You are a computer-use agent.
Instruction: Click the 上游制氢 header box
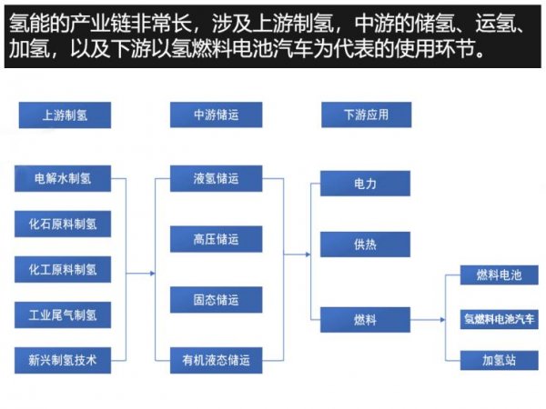click(x=65, y=115)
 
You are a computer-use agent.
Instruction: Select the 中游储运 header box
click(x=216, y=115)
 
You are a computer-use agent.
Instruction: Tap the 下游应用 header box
click(x=367, y=115)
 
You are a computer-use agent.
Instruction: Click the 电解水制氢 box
click(x=63, y=178)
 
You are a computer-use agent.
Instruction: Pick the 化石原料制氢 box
click(x=63, y=224)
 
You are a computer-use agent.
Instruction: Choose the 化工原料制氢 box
click(x=63, y=270)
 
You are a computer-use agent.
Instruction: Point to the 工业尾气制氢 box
click(x=63, y=315)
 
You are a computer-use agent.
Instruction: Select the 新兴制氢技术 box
click(x=63, y=360)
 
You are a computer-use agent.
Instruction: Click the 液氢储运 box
click(x=216, y=178)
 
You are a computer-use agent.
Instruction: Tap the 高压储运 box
click(x=216, y=239)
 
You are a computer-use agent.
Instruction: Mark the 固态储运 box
click(x=216, y=300)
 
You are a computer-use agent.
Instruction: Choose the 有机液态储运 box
click(x=216, y=360)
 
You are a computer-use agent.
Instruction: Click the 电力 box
click(x=365, y=184)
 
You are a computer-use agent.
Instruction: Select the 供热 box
click(x=365, y=244)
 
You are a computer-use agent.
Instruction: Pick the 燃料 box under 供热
click(x=365, y=320)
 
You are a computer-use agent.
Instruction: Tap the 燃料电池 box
click(x=500, y=275)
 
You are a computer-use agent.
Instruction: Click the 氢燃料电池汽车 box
click(x=500, y=319)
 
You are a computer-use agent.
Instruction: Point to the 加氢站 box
click(x=500, y=360)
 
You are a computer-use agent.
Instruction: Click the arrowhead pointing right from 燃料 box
click(x=443, y=320)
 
